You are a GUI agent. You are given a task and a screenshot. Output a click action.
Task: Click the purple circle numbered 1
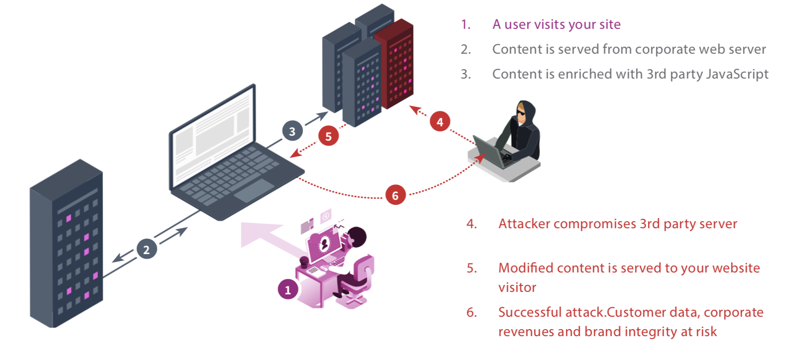(288, 289)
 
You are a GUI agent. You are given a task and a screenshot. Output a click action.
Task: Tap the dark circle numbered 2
(146, 249)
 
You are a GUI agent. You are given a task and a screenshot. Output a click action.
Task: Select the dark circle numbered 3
(293, 131)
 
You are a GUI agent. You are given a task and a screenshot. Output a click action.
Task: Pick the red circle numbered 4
(440, 122)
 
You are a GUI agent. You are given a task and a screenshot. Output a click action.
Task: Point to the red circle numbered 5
(328, 136)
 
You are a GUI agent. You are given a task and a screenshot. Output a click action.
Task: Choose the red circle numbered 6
(396, 195)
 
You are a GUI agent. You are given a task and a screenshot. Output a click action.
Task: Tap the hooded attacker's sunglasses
(521, 113)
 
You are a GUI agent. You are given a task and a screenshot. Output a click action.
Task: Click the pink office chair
(356, 281)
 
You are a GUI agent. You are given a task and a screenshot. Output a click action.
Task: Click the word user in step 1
(518, 25)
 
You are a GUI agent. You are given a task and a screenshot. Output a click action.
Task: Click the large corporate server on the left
(66, 243)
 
